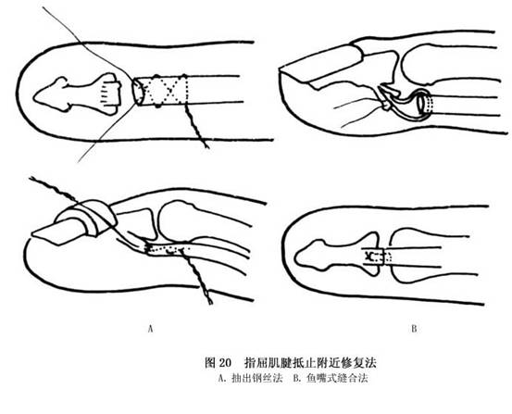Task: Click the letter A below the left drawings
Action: click(150, 329)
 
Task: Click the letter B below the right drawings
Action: click(414, 329)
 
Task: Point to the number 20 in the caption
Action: click(225, 363)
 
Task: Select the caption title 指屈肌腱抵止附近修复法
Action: click(310, 363)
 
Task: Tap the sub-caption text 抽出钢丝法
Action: click(256, 379)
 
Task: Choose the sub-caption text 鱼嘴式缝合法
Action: click(337, 379)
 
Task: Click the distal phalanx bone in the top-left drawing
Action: click(78, 94)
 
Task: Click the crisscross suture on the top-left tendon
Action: click(162, 90)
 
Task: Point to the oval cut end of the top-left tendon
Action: click(138, 91)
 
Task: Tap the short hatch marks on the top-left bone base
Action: click(104, 94)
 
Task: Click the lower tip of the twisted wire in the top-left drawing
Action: click(207, 147)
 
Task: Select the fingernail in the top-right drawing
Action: click(321, 63)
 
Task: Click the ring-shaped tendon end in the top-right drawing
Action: click(423, 104)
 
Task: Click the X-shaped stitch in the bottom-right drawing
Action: click(369, 257)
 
